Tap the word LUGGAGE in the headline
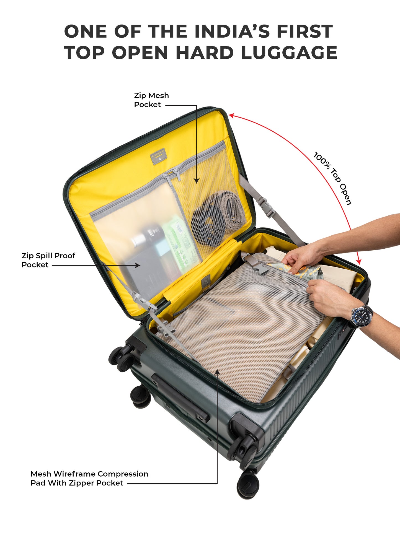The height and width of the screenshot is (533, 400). click(289, 53)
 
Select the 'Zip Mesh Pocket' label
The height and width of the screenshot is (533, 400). click(151, 100)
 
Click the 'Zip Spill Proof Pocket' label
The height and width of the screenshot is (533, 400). click(48, 260)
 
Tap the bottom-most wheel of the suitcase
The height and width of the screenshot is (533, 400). click(248, 485)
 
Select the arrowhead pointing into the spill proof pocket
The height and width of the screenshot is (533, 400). click(138, 266)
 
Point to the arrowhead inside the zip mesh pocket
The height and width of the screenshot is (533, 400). click(197, 181)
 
